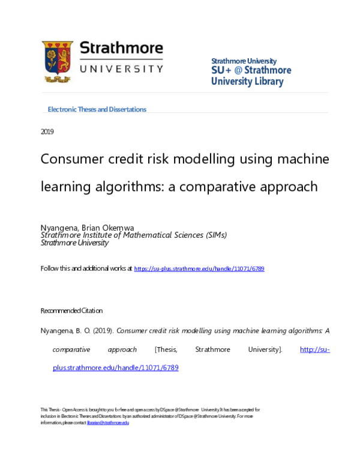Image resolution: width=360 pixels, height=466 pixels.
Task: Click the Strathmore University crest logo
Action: pos(57,61)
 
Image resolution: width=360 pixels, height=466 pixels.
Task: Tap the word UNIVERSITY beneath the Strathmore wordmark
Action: pos(122,69)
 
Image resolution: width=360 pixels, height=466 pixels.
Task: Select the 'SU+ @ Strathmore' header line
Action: pos(251,70)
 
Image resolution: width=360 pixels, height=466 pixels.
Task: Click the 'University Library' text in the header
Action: pos(247,82)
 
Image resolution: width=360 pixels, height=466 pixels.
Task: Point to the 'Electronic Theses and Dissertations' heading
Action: pos(97,109)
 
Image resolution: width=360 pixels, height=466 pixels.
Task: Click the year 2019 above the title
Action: pos(47,132)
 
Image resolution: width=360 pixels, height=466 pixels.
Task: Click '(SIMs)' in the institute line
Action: pos(214,236)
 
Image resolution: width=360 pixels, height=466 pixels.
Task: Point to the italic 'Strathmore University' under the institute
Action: pos(74,243)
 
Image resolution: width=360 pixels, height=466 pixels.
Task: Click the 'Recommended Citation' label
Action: pos(71,310)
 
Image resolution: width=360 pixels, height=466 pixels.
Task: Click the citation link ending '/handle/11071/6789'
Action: pos(115,368)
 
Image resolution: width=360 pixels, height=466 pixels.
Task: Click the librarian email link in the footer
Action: pos(108,423)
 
